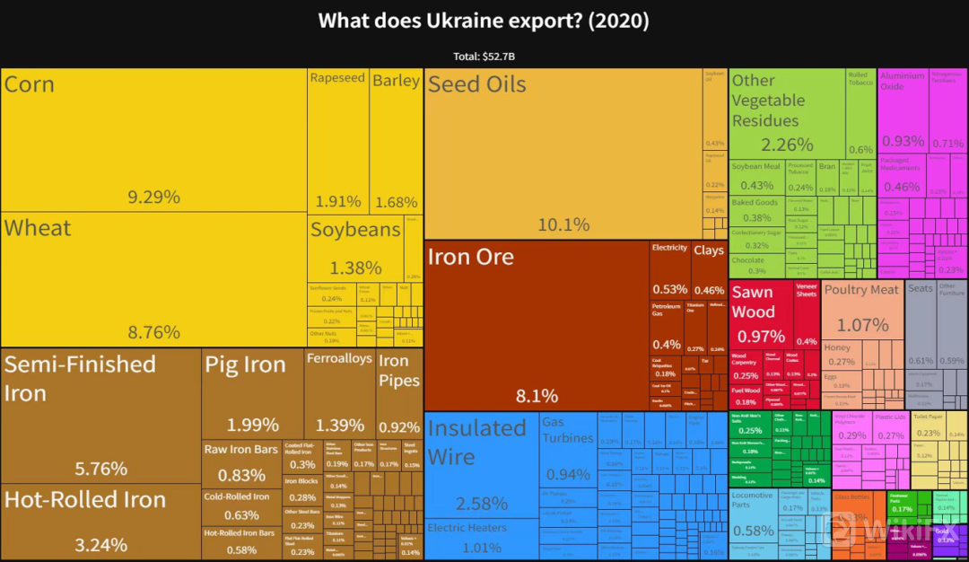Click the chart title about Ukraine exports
pyautogui.click(x=484, y=20)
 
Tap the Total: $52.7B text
pyautogui.click(x=484, y=57)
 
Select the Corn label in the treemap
pyautogui.click(x=30, y=85)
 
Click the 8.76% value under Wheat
pyautogui.click(x=153, y=332)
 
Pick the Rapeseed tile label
pyautogui.click(x=337, y=78)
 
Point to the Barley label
pyautogui.click(x=396, y=81)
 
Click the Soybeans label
pyautogui.click(x=355, y=230)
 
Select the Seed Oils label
pyautogui.click(x=476, y=84)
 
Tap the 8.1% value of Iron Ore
pyautogui.click(x=537, y=396)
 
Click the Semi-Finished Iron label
pyautogui.click(x=80, y=378)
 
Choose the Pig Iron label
pyautogui.click(x=245, y=364)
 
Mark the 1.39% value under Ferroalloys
pyautogui.click(x=339, y=425)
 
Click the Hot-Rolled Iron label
pyautogui.click(x=85, y=500)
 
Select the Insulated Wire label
pyautogui.click(x=476, y=442)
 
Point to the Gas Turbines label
pyautogui.click(x=567, y=430)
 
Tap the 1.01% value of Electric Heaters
pyautogui.click(x=482, y=548)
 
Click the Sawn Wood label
pyautogui.click(x=752, y=302)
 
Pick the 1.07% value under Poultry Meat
pyautogui.click(x=862, y=325)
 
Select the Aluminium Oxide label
pyautogui.click(x=902, y=81)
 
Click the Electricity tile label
pyautogui.click(x=669, y=248)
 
